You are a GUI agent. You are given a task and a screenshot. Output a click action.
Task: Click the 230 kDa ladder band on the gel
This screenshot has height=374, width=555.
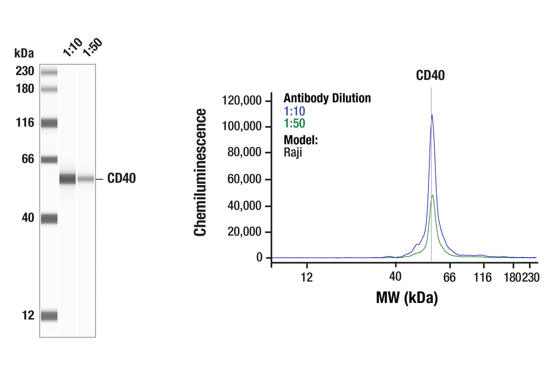(49, 73)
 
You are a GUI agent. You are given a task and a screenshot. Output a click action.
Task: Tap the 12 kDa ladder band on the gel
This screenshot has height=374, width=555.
(49, 316)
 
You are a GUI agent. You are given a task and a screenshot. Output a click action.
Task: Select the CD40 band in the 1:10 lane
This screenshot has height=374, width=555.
(68, 179)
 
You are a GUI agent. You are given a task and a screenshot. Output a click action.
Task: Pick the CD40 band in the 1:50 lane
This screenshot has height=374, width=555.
(86, 179)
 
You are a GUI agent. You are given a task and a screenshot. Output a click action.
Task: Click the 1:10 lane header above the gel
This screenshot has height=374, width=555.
(72, 48)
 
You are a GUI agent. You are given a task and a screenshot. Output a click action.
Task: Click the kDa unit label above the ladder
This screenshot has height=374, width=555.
(24, 53)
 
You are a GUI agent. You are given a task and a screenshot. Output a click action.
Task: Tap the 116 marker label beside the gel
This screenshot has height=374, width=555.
(24, 123)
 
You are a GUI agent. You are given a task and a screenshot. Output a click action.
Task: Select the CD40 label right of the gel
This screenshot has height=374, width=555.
(122, 179)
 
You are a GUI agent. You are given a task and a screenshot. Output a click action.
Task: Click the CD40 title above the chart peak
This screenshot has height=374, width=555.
(430, 75)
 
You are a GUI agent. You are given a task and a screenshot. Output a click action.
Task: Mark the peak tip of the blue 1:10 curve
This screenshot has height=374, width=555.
(431, 115)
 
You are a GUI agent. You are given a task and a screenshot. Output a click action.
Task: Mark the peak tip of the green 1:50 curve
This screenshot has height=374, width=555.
(432, 195)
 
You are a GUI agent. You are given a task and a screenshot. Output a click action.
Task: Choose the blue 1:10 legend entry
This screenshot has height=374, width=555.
(294, 111)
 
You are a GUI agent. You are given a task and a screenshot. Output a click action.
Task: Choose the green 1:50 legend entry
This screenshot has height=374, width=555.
(294, 124)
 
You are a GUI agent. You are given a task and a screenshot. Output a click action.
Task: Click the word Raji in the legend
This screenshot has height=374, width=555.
(293, 152)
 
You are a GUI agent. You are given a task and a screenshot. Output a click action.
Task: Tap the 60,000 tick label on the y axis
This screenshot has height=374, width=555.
(245, 180)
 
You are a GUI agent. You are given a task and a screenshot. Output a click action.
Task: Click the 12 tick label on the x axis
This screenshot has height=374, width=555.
(306, 278)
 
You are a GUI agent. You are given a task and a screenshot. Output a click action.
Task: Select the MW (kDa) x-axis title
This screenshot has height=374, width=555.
(407, 297)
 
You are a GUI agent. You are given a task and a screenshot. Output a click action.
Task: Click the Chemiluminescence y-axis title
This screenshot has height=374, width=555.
(200, 172)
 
